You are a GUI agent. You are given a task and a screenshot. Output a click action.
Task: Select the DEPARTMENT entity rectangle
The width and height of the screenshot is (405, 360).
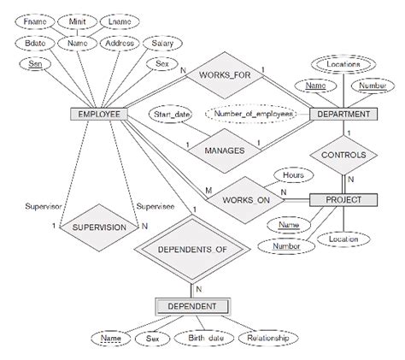(342, 114)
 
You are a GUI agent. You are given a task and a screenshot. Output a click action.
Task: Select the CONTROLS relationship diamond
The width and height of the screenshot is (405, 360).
(343, 155)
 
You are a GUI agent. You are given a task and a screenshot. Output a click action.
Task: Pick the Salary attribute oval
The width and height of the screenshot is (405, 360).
(162, 41)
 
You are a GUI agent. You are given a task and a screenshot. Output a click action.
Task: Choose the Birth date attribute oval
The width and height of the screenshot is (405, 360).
(206, 339)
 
